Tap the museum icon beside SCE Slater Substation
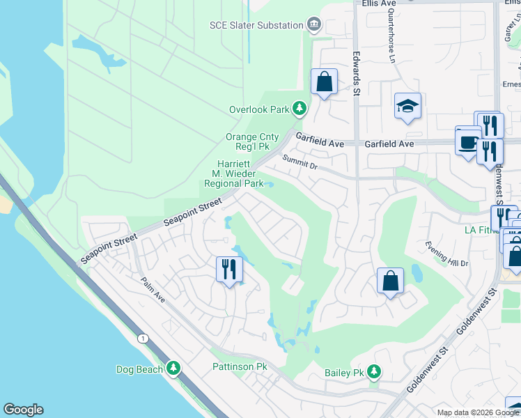tap(314, 25)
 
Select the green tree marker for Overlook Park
tap(300, 109)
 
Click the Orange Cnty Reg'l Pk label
tap(251, 142)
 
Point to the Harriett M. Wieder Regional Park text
tap(233, 173)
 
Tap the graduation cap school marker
tap(408, 107)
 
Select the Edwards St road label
tap(356, 76)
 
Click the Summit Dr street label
tap(300, 163)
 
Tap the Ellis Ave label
tap(379, 3)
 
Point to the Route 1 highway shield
tap(142, 339)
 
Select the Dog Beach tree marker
tap(173, 369)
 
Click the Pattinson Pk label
tap(240, 366)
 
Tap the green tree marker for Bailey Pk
tap(375, 372)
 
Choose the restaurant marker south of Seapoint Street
tap(230, 268)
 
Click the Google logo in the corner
tap(23, 410)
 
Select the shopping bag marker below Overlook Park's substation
tap(324, 82)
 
